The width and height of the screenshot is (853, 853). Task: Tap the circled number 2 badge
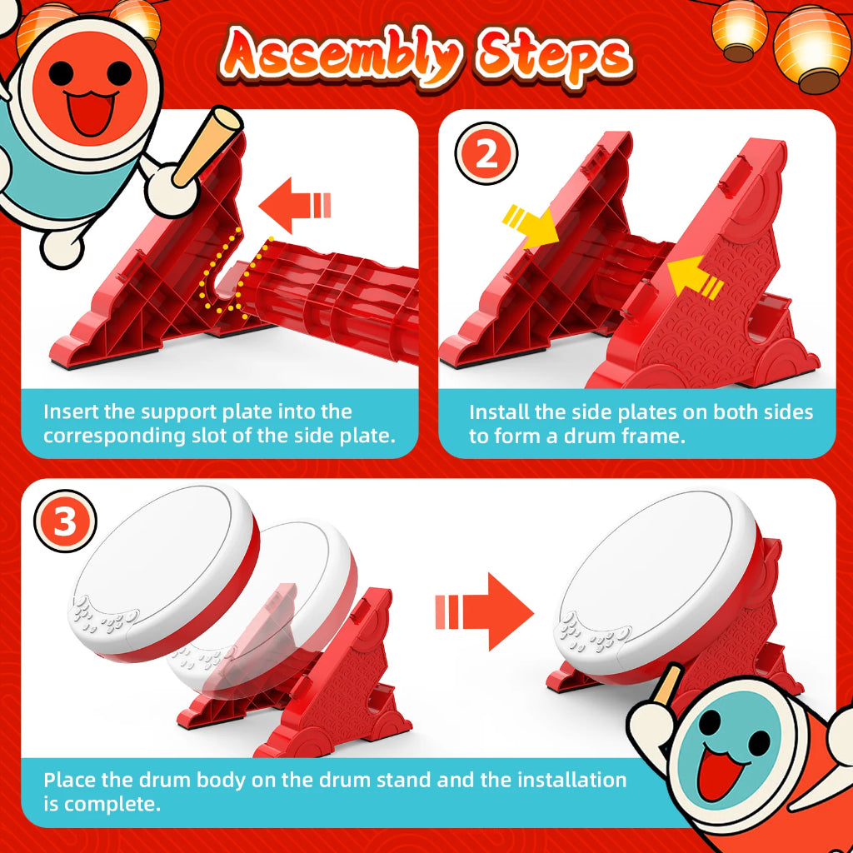tap(486, 153)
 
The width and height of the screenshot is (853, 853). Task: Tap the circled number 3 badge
tap(65, 521)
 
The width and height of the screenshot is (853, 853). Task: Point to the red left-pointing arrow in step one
tap(294, 206)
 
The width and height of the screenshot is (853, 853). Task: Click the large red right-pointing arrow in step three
tap(484, 611)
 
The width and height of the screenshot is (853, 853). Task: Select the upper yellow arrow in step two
tap(531, 226)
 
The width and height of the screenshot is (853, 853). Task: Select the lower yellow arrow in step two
tap(695, 277)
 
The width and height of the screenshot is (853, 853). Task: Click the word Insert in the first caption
tap(71, 412)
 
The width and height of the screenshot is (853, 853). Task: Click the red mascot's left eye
tap(60, 72)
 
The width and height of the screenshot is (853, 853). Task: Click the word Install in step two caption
tap(499, 412)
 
